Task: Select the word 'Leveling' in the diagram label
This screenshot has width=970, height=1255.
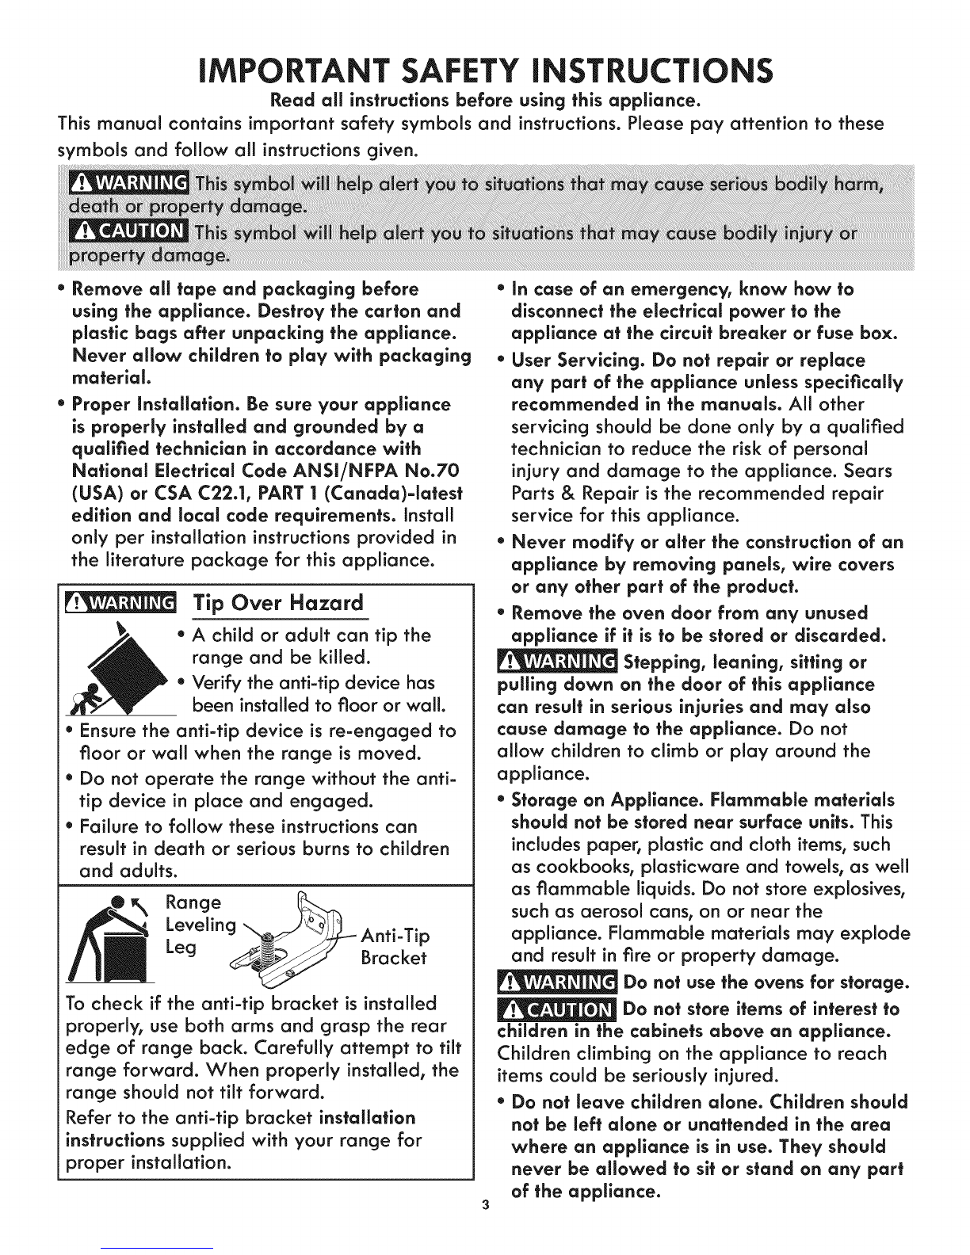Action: pyautogui.click(x=201, y=925)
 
